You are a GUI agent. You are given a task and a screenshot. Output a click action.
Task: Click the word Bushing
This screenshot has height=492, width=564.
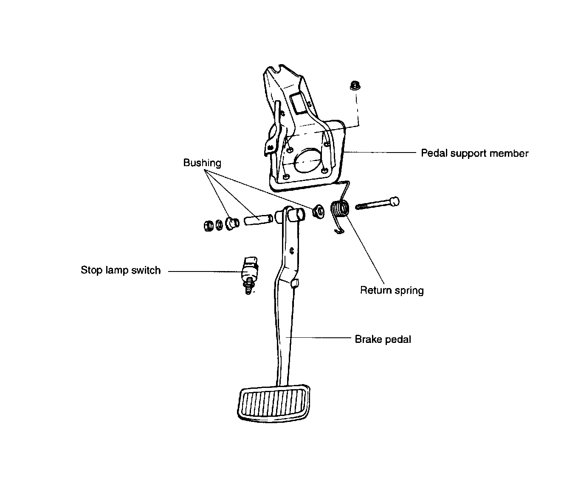[202, 163]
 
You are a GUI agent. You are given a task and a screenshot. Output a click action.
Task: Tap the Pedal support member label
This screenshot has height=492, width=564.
[474, 153]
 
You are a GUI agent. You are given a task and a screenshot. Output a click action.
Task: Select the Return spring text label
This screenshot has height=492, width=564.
[392, 291]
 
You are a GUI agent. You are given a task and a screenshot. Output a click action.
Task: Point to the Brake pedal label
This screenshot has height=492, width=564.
[383, 339]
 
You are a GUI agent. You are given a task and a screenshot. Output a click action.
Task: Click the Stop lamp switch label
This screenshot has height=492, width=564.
[121, 271]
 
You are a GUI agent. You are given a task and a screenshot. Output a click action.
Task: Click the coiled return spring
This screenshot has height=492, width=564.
[340, 209]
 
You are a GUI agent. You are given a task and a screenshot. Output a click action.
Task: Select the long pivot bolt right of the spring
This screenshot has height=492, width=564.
[377, 204]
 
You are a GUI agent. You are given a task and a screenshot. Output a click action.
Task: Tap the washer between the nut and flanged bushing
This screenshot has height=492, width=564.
[219, 224]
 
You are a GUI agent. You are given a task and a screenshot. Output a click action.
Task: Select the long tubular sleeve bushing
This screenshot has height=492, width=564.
[258, 220]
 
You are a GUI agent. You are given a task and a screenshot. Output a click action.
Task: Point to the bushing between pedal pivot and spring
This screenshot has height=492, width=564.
[317, 211]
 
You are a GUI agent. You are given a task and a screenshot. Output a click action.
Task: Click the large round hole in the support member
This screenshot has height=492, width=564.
[307, 161]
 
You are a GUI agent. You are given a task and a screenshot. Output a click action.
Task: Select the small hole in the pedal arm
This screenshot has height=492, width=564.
[292, 251]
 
